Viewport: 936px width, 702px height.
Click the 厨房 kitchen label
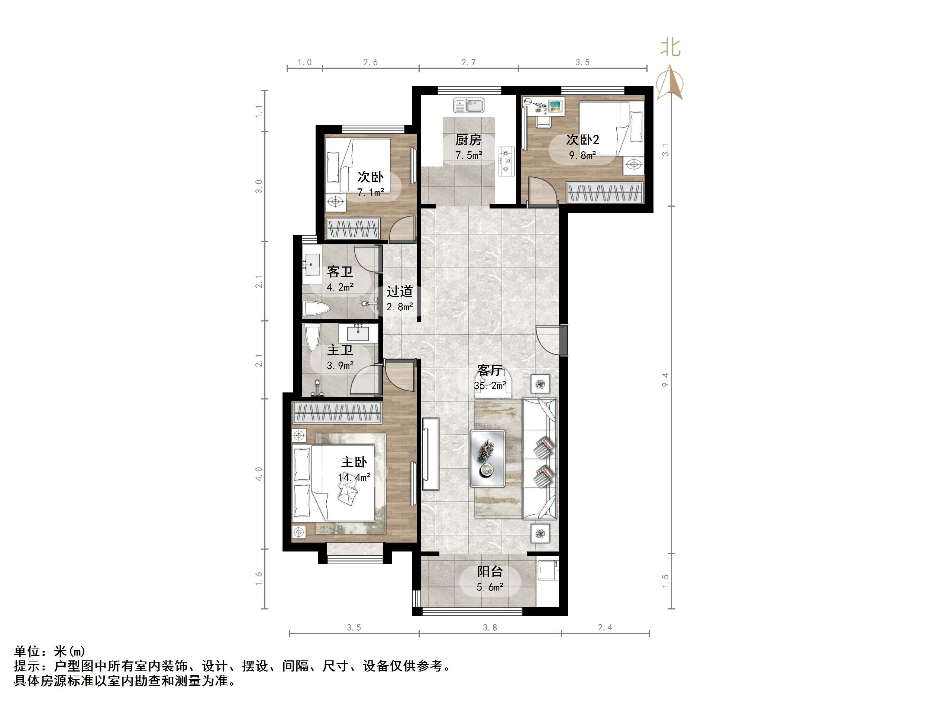[x=468, y=140]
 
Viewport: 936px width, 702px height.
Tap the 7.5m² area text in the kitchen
[x=468, y=155]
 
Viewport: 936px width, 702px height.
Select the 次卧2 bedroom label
[x=582, y=140]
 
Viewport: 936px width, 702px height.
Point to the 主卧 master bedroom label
[x=354, y=462]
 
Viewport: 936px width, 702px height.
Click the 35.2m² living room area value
[x=490, y=386]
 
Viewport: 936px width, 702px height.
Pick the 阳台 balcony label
[x=490, y=572]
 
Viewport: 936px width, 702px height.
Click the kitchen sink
[x=468, y=106]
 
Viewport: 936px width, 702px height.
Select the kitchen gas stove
[x=506, y=161]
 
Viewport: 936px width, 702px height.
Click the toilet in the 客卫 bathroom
[x=316, y=308]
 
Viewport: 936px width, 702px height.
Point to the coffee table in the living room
[x=487, y=458]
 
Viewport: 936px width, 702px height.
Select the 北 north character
[x=671, y=48]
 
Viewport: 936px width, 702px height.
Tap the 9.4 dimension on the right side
[x=665, y=379]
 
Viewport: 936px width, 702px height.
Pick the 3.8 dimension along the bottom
[x=490, y=628]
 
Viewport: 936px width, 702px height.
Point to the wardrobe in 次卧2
[x=605, y=192]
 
